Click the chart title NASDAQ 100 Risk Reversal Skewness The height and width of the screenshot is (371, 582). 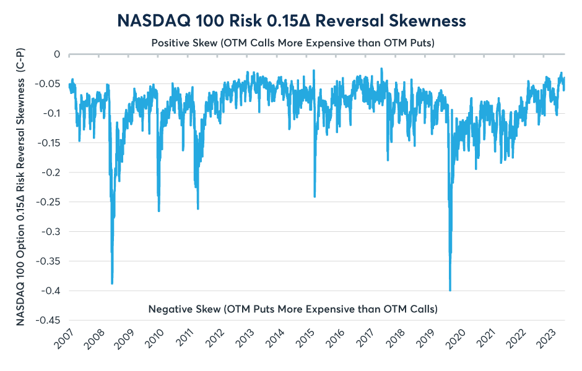pos(291,20)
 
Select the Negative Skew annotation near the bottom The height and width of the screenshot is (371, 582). pos(293,308)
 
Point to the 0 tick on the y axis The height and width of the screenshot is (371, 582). pos(56,54)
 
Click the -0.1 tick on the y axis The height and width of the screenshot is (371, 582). pos(51,113)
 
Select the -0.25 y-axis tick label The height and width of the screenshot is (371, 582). pos(48,202)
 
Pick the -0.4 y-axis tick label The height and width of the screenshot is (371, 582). pos(51,291)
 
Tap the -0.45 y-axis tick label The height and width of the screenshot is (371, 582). pos(48,320)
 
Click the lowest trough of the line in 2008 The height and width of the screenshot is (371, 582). pos(112,283)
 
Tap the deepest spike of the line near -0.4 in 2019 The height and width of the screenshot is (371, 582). pos(450,290)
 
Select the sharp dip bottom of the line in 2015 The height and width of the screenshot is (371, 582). pos(315,197)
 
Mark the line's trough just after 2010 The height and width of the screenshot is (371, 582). pos(159,211)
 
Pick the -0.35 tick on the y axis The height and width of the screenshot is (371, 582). pos(48,261)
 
